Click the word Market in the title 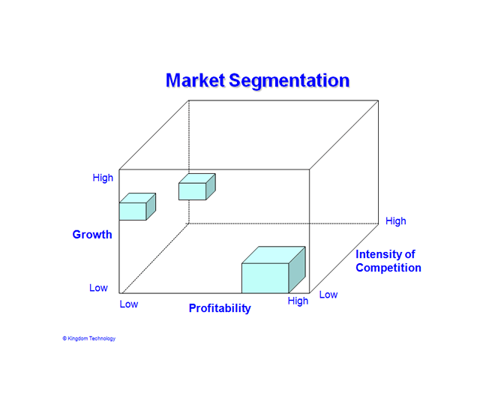click(195, 80)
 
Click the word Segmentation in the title click(289, 81)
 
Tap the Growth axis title click(92, 235)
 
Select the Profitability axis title click(220, 308)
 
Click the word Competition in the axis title click(388, 268)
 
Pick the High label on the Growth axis click(103, 178)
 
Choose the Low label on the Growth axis click(98, 288)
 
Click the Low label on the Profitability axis click(129, 304)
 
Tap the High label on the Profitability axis click(298, 301)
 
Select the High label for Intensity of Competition click(396, 221)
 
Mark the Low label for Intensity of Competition click(328, 295)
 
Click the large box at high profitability click(273, 270)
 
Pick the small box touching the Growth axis click(137, 206)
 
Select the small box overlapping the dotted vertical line click(197, 187)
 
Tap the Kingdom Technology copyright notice click(88, 338)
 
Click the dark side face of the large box click(297, 270)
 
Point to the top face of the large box click(273, 255)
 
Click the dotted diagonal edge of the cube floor click(155, 258)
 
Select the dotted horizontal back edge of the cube click(283, 223)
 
